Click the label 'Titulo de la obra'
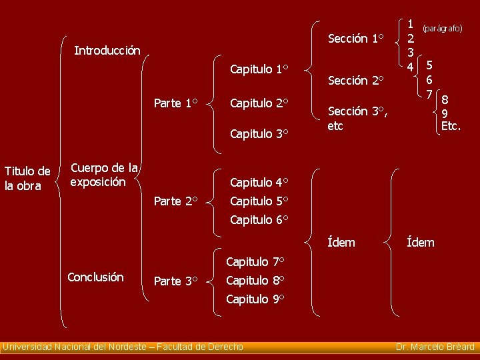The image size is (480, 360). pos(27,179)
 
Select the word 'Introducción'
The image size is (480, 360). pos(107,51)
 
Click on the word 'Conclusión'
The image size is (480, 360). pos(95,277)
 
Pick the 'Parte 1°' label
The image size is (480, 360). pos(175,103)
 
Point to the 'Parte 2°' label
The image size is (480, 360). pos(175,201)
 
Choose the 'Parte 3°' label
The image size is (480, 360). pos(175,281)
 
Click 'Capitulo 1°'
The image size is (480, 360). pos(259,69)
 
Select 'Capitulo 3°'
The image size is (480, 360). pos(259,134)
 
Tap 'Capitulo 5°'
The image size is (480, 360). pos(259,201)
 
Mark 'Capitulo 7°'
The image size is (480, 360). pos(255,261)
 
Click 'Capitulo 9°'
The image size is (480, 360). pos(255,299)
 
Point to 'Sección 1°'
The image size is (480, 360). pos(357,39)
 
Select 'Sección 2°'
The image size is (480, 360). pos(357,81)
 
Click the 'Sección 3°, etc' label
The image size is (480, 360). pos(357,118)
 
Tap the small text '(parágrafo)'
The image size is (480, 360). pos(442,29)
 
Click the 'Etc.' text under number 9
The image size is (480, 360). pos(451,125)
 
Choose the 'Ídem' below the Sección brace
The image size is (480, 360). pos(342,243)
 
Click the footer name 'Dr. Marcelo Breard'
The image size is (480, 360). pos(435,347)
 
